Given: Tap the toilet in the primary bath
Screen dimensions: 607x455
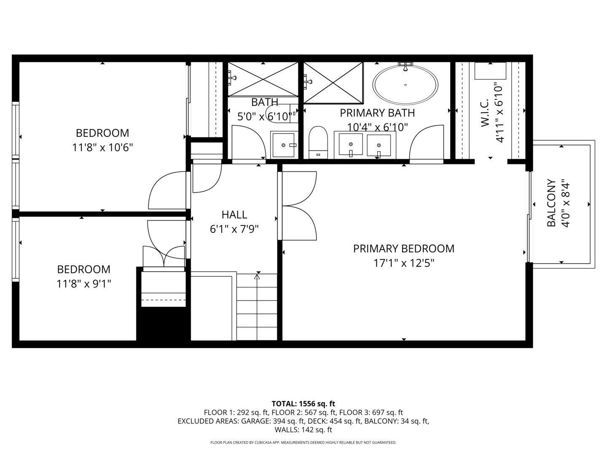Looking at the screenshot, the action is (x=318, y=142).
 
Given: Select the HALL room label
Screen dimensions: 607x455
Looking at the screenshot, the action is (x=234, y=215).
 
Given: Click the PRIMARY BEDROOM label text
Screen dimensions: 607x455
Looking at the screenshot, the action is (x=403, y=249).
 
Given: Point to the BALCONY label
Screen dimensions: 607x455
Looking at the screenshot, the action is (x=551, y=203).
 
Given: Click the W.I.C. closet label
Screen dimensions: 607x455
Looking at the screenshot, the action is (x=485, y=113).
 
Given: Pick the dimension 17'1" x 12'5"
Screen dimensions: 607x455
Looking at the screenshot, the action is (x=404, y=263).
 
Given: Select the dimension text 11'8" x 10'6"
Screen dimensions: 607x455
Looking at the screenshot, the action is (x=102, y=147).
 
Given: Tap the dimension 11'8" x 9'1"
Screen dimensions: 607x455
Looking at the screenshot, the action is (x=84, y=284).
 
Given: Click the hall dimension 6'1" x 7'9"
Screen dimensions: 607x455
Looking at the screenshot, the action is (x=234, y=229).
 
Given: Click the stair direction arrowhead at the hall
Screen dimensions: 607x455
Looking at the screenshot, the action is (x=257, y=277).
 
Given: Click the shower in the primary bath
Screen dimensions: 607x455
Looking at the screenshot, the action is (x=333, y=83).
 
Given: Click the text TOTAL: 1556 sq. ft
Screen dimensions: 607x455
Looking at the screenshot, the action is (x=303, y=404).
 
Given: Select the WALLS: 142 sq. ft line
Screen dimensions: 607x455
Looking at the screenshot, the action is (x=303, y=430).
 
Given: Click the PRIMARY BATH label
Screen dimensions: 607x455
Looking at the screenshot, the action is (x=377, y=113).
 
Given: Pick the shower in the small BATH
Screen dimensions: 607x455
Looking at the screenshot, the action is (x=263, y=79).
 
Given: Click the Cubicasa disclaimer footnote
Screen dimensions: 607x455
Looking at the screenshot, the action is (x=303, y=442).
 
